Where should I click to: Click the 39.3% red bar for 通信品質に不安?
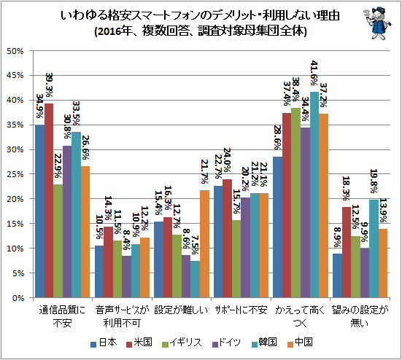click(49, 200)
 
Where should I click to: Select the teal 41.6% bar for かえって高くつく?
click(314, 195)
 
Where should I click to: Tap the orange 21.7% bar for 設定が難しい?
click(204, 244)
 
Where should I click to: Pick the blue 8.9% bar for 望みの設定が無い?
click(337, 275)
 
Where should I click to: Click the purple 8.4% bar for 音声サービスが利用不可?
click(127, 277)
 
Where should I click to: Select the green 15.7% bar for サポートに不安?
click(236, 259)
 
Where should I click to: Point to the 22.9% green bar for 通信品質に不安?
click(58, 241)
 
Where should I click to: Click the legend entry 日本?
click(104, 343)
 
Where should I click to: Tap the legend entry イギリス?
click(182, 343)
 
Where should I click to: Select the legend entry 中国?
click(299, 343)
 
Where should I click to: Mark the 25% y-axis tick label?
click(15, 174)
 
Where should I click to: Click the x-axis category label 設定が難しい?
click(181, 310)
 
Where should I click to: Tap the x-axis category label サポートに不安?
click(241, 310)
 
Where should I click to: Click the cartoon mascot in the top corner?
click(377, 23)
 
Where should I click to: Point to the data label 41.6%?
click(314, 73)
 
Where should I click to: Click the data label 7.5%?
click(195, 246)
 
